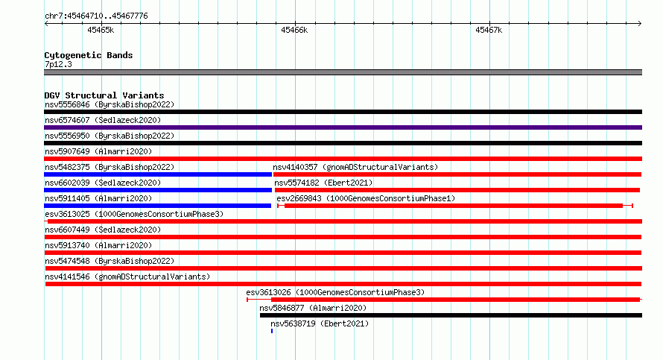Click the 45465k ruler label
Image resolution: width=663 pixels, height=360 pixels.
101,30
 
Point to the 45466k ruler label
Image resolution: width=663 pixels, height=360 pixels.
294,30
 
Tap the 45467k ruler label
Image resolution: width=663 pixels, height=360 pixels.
489,30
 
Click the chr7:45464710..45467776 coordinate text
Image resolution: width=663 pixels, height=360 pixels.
96,16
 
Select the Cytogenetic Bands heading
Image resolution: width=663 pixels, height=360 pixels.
89,55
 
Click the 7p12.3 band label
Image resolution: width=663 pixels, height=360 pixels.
58,64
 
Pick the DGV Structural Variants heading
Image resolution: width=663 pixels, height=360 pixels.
104,95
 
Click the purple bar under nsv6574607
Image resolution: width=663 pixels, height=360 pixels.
343,127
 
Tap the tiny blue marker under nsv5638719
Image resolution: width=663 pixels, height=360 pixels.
272,331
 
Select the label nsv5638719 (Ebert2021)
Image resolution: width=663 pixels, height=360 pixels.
320,323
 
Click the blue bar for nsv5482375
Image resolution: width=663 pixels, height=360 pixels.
158,174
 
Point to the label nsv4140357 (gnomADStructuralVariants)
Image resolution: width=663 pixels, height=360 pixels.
355,167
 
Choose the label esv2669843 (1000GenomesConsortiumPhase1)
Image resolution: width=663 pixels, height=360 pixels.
366,198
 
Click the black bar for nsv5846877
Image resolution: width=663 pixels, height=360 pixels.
451,315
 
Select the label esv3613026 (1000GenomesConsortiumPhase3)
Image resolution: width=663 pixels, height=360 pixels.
335,292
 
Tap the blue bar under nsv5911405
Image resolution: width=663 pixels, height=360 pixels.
157,206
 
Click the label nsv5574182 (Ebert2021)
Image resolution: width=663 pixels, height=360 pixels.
323,183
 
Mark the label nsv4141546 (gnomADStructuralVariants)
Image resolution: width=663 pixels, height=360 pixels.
127,277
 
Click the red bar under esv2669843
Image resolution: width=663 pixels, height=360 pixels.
455,206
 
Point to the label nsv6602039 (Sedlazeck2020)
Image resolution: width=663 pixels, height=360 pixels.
103,183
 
